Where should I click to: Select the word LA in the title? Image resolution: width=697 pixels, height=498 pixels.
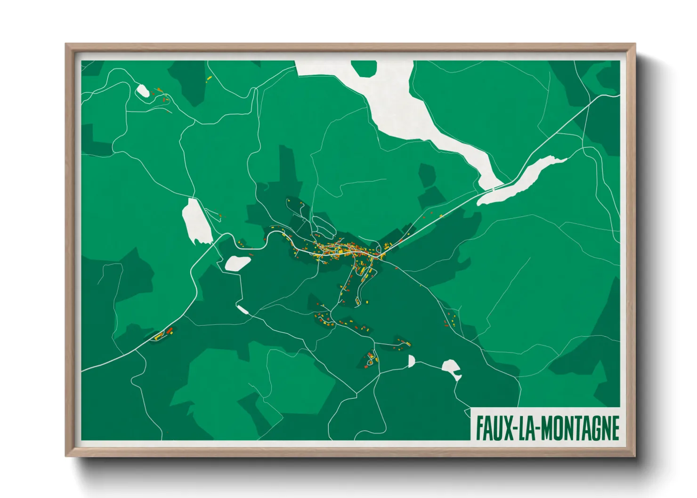525,428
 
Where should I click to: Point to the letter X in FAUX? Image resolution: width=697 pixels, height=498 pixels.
507,428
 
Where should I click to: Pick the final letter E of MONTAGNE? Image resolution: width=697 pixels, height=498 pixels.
614,428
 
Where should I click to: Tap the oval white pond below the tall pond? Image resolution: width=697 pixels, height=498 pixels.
237,263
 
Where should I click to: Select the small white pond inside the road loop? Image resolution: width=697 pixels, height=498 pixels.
142,90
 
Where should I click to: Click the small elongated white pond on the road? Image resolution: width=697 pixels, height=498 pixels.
243,309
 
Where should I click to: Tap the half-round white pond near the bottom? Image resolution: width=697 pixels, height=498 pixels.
411,361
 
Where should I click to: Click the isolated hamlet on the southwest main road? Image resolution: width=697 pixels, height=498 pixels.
162,334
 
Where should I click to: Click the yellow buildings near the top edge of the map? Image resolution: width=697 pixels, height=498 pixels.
209,79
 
